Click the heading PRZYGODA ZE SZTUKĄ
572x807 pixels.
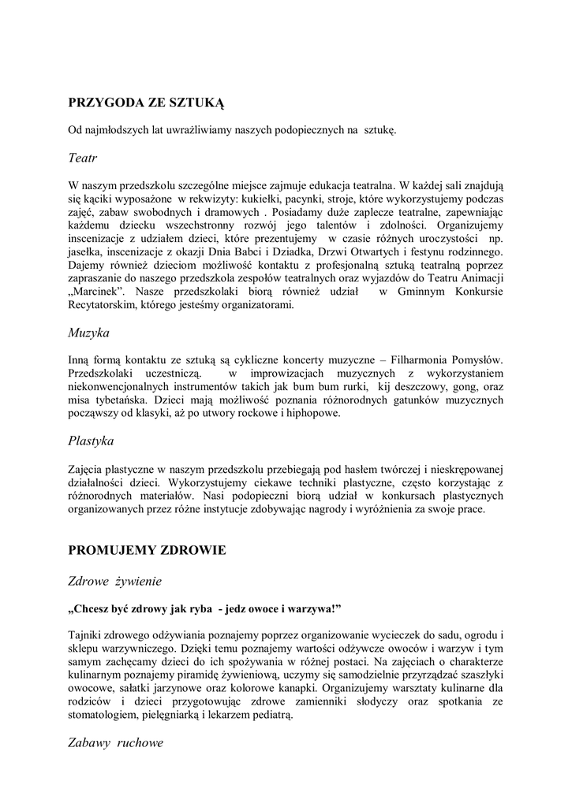click(147, 102)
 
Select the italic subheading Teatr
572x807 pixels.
click(82, 158)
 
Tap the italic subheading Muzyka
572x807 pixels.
click(88, 333)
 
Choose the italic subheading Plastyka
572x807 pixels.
click(91, 441)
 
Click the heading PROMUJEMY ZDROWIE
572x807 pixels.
click(147, 550)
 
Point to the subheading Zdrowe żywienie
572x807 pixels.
click(115, 582)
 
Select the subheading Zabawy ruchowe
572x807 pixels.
click(116, 742)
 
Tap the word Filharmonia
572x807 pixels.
click(413, 359)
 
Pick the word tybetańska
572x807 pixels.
click(121, 400)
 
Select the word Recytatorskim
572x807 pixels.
click(102, 306)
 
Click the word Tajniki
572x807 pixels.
click(86, 635)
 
